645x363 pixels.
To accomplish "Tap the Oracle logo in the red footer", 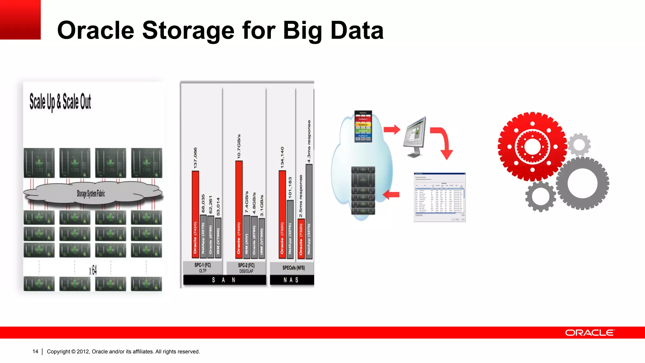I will point(590,333).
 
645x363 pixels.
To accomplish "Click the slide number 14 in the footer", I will point(35,351).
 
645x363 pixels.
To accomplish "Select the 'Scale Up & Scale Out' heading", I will point(60,102).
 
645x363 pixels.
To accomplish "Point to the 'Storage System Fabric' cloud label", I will point(91,193).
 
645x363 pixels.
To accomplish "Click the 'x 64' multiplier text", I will point(93,270).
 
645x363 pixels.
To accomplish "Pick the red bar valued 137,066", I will point(196,214).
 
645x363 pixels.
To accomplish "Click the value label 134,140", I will point(283,157).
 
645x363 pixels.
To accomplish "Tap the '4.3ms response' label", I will point(309,141).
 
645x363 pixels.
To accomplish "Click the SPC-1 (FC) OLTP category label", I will point(203,268).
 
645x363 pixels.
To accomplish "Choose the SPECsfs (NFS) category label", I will point(294,268).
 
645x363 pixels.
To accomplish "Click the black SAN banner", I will point(224,280).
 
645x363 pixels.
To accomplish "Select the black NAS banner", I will point(291,280).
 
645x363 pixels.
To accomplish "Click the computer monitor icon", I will point(415,136).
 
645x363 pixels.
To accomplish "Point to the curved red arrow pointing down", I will point(442,142).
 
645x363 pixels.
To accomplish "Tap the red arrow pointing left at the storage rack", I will point(391,195).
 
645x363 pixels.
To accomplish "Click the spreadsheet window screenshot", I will point(439,197).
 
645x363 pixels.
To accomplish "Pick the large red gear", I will point(532,147).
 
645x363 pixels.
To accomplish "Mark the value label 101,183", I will point(290,188).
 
